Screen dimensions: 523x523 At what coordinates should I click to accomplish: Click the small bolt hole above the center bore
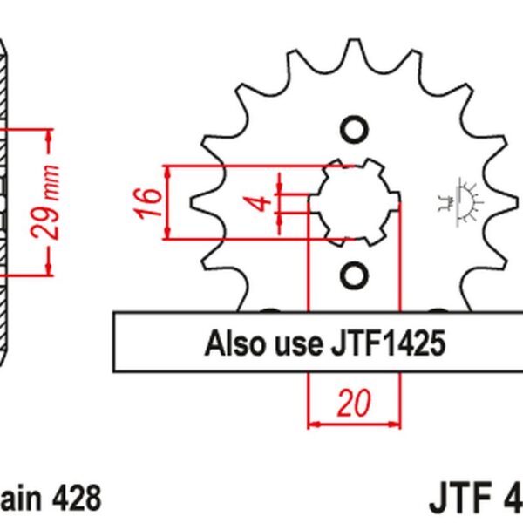[354, 132]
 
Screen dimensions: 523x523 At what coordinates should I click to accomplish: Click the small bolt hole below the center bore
[354, 276]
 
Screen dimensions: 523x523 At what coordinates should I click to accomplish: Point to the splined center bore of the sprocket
[354, 202]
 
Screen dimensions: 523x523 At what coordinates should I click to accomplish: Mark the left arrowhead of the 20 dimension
[314, 425]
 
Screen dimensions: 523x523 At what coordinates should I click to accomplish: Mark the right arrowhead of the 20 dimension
[397, 425]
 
